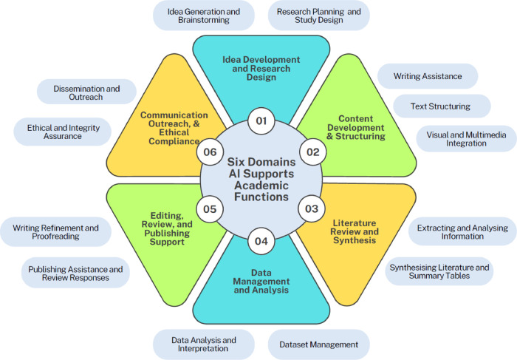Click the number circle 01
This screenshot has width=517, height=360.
tap(260, 120)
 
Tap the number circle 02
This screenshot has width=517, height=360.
tap(312, 152)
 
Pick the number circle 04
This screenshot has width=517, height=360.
tap(260, 241)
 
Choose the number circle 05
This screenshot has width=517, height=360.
tap(210, 209)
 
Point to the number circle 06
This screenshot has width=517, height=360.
tap(209, 152)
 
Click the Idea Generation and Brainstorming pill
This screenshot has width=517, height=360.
tap(203, 16)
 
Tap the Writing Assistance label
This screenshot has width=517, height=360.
tap(428, 76)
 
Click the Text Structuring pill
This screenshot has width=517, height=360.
tap(440, 106)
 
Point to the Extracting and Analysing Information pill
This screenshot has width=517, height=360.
tap(462, 233)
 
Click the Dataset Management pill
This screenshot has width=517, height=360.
tap(318, 344)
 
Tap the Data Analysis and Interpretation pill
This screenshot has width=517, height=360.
tap(203, 344)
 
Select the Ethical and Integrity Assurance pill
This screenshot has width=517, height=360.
tap(63, 132)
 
